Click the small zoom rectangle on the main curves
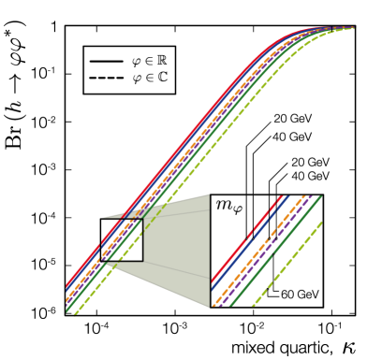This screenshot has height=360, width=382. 121,238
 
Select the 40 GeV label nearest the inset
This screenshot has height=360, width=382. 310,176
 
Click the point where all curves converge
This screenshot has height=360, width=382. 354,28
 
